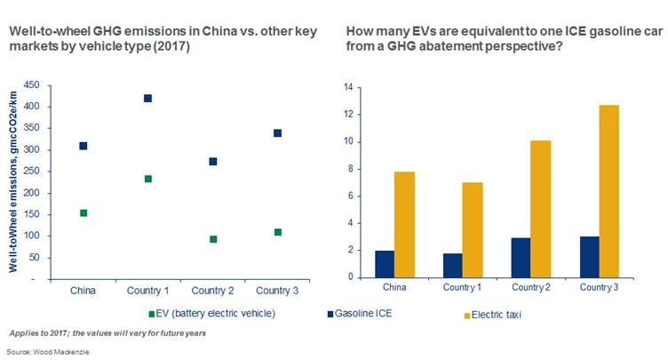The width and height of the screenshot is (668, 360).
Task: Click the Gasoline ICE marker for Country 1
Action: point(147,99)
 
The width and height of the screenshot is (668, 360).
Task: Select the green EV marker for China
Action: point(83,212)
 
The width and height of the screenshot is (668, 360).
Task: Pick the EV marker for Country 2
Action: point(213,239)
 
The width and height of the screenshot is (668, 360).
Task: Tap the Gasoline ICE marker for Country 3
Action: point(277,133)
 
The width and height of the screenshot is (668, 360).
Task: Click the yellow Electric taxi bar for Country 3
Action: point(608,191)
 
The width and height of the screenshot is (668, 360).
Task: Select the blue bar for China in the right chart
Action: point(385,264)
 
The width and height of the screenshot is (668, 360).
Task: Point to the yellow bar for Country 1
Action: point(473,230)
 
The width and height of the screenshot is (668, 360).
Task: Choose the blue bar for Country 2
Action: point(521,258)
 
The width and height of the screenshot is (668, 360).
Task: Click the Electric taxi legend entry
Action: point(493,316)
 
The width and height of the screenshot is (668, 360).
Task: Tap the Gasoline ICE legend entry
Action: point(360,314)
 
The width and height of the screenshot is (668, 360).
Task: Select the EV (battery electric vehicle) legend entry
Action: point(211,314)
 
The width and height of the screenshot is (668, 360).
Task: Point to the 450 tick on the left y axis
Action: point(31,84)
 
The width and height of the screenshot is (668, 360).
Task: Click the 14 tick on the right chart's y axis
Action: point(348,87)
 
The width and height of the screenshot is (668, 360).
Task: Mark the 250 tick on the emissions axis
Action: point(31,171)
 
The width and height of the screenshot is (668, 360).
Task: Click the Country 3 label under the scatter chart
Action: point(277,291)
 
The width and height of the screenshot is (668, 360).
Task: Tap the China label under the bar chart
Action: point(394,287)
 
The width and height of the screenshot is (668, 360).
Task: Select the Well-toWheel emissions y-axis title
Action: point(13,181)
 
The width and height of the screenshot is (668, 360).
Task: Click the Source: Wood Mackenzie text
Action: point(48,352)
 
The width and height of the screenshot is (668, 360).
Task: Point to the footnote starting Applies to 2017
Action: point(107,333)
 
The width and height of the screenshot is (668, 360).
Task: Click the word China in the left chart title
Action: point(219,32)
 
